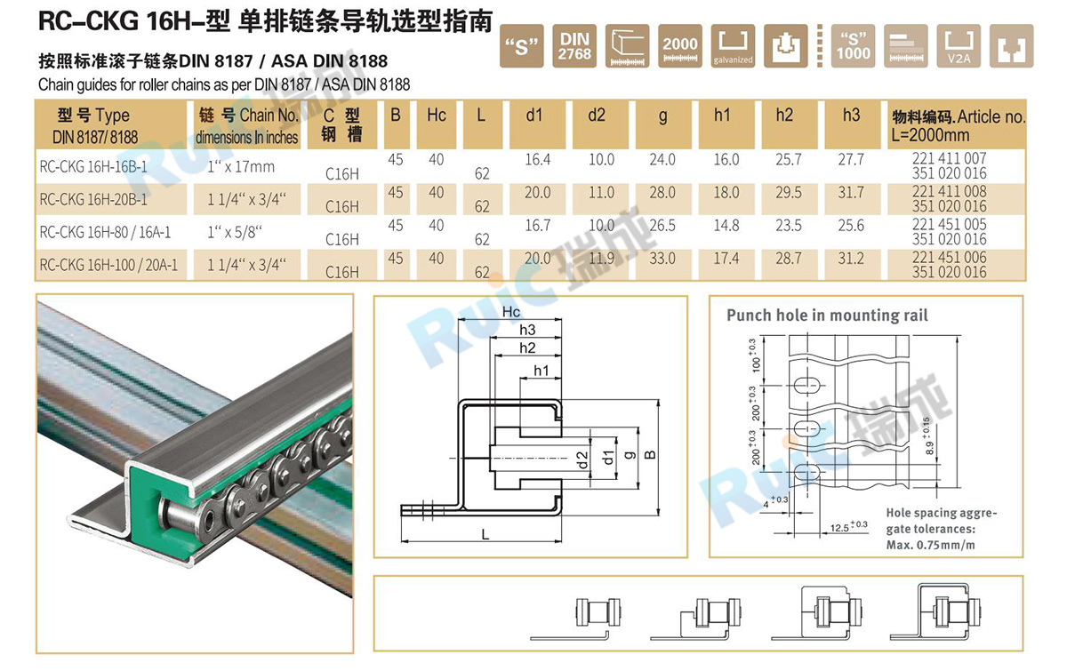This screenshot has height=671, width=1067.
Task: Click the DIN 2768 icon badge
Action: (x=574, y=46)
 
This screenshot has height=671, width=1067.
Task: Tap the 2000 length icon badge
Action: (x=681, y=46)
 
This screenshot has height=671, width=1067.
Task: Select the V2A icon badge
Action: (x=959, y=46)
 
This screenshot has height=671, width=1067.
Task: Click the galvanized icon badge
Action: (x=734, y=46)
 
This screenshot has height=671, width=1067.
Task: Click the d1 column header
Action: (x=533, y=116)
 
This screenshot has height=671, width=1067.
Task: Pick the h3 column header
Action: (x=851, y=116)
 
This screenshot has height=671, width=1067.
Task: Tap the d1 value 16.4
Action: (x=538, y=160)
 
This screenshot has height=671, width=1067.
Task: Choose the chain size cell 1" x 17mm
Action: (x=240, y=167)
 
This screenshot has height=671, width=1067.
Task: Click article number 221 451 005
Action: (x=950, y=225)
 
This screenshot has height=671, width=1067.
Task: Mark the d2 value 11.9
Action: (x=602, y=259)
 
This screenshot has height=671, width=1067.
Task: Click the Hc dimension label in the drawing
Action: (x=511, y=312)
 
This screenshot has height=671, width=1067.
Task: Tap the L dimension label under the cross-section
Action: (x=485, y=534)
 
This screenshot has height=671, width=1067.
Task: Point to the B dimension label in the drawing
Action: (x=650, y=454)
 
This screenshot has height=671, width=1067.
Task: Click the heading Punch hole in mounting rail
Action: (x=827, y=316)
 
